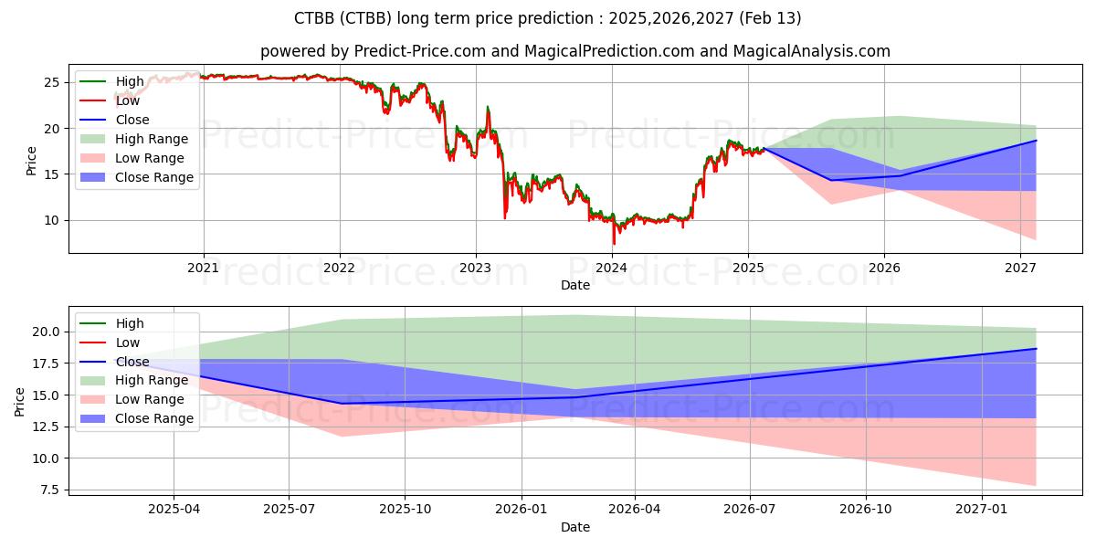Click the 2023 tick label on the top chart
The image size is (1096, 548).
(x=475, y=268)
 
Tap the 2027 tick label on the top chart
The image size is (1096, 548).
(x=1020, y=268)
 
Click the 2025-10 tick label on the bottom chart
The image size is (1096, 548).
(x=405, y=509)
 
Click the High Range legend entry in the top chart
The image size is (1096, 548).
(x=151, y=139)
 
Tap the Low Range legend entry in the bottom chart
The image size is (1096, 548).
(x=149, y=399)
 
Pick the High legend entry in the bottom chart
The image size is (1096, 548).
(x=129, y=323)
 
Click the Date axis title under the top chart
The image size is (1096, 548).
(x=575, y=285)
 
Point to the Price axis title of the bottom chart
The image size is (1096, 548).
(x=20, y=401)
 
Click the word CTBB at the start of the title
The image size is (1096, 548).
(x=313, y=18)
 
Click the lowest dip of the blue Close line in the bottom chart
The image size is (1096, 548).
(x=343, y=403)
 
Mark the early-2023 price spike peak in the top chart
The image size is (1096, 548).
(x=488, y=108)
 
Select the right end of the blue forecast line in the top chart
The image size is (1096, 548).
(x=1037, y=141)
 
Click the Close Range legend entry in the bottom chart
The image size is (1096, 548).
(x=153, y=418)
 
